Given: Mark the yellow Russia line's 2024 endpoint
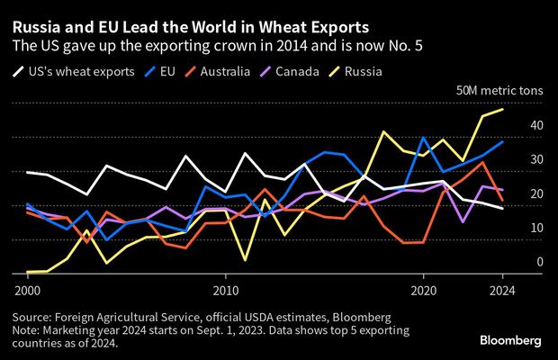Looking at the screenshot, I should point(502,110).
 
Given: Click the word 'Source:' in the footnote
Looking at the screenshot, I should point(34,318).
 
